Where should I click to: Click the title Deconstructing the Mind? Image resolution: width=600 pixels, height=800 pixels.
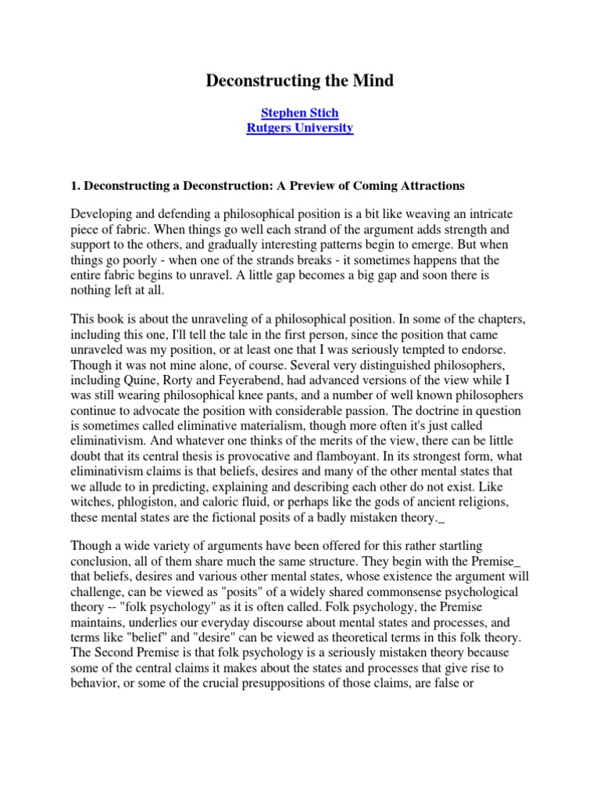click(299, 80)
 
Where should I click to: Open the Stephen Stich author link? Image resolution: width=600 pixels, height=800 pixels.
click(299, 113)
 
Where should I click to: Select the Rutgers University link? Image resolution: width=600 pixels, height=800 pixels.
click(299, 128)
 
